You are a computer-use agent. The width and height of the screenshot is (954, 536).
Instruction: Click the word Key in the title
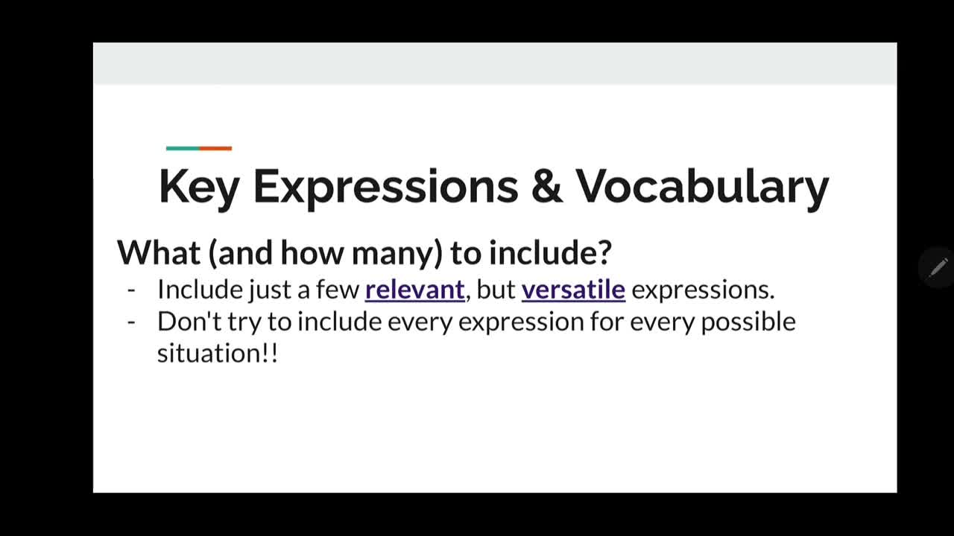(x=199, y=188)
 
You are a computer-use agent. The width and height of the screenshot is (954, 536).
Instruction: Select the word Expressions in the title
(x=386, y=188)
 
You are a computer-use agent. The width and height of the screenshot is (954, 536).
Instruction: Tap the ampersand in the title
(x=547, y=186)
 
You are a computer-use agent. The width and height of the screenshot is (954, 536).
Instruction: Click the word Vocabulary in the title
(x=702, y=188)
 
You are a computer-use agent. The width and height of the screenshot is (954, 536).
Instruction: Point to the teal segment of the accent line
(x=183, y=148)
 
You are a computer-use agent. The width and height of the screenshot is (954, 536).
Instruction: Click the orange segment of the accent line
(x=215, y=148)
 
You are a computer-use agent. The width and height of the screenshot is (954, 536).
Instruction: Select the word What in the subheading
(x=159, y=252)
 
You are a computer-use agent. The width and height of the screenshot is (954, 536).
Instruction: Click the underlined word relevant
(x=415, y=290)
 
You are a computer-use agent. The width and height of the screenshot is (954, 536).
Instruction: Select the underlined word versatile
(x=573, y=290)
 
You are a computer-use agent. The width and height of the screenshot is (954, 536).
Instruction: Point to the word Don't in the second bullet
(x=189, y=322)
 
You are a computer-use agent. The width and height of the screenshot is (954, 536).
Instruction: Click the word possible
(x=748, y=322)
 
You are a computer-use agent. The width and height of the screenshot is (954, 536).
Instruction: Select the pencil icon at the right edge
(x=938, y=267)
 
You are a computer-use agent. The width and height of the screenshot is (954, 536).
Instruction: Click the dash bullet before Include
(x=131, y=291)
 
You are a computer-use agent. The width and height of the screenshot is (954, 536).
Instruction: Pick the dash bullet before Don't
(x=131, y=323)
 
